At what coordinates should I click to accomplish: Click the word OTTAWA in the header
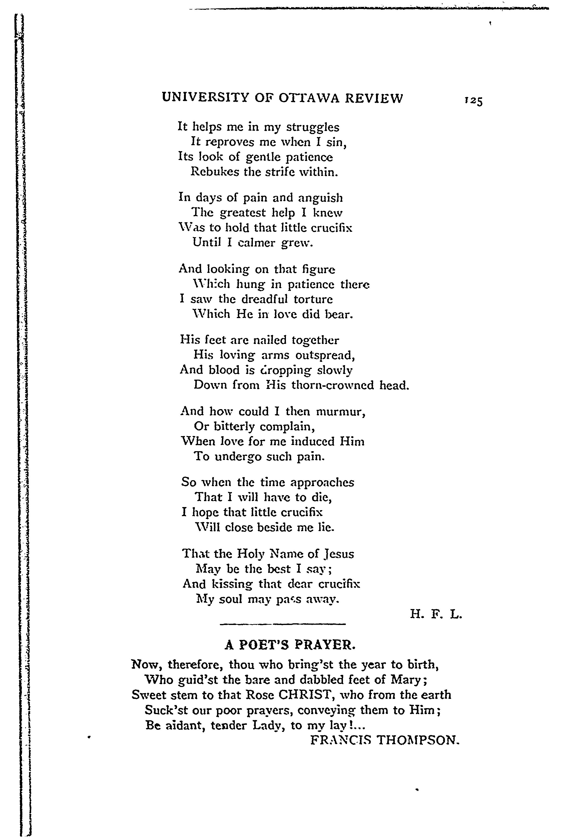point(309,98)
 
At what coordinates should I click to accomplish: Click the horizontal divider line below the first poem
point(282,624)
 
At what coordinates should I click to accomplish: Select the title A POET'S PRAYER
point(290,645)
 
